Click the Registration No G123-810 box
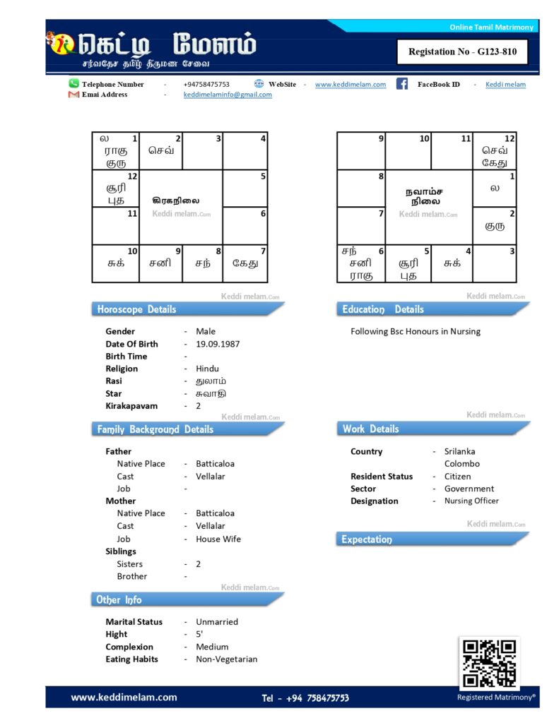click(x=463, y=52)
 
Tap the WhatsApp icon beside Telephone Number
click(x=73, y=83)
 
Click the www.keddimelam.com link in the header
click(x=351, y=84)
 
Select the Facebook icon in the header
click(x=402, y=84)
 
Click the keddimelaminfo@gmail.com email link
click(x=228, y=95)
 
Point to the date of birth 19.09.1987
click(x=218, y=344)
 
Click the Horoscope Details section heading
click(x=136, y=309)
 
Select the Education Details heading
click(x=383, y=309)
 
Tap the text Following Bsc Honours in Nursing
click(x=416, y=331)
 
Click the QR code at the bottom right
click(x=489, y=663)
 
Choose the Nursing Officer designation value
click(x=471, y=501)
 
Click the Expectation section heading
click(x=367, y=539)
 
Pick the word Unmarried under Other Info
click(x=217, y=622)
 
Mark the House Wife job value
click(x=218, y=539)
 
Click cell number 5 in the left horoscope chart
click(x=245, y=188)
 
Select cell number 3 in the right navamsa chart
click(x=494, y=263)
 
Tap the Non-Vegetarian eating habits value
click(x=227, y=659)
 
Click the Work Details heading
click(x=371, y=429)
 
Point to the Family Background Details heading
click(x=155, y=429)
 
